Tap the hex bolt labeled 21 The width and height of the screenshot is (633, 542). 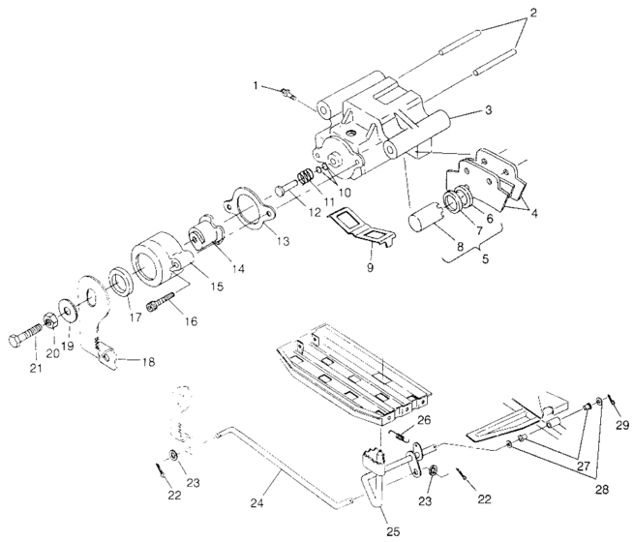click(x=30, y=338)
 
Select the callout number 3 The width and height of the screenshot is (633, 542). click(x=489, y=110)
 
